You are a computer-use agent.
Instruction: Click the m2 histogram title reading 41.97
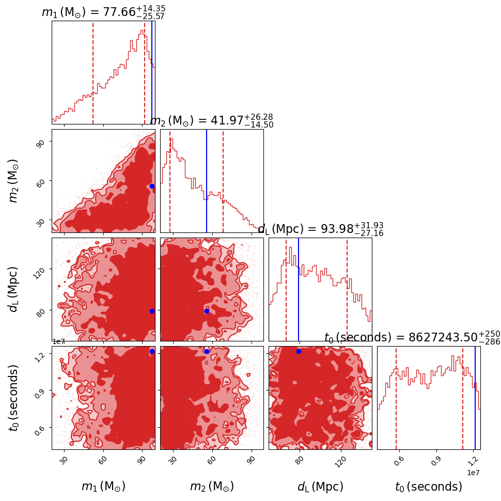(x=212, y=121)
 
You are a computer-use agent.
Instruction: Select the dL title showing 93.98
(x=320, y=229)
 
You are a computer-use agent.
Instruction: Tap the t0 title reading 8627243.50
(x=412, y=337)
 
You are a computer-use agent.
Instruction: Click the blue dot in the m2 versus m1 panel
(x=152, y=186)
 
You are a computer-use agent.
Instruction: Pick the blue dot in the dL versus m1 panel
(x=152, y=311)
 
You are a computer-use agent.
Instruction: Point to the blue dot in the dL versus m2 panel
(x=207, y=311)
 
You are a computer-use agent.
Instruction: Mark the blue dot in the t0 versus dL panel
(x=299, y=351)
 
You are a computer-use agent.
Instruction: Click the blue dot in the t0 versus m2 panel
(x=207, y=351)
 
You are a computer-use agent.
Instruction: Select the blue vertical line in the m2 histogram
(x=207, y=181)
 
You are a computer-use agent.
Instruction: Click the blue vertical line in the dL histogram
(x=299, y=289)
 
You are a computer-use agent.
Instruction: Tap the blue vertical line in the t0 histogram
(x=475, y=398)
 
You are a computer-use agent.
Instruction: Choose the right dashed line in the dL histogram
(x=347, y=289)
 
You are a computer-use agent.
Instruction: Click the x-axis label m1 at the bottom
(x=103, y=487)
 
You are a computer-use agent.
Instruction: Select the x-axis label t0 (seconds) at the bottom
(x=429, y=487)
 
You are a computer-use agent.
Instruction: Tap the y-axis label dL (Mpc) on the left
(x=14, y=289)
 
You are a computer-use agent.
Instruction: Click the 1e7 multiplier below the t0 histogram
(x=474, y=473)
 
